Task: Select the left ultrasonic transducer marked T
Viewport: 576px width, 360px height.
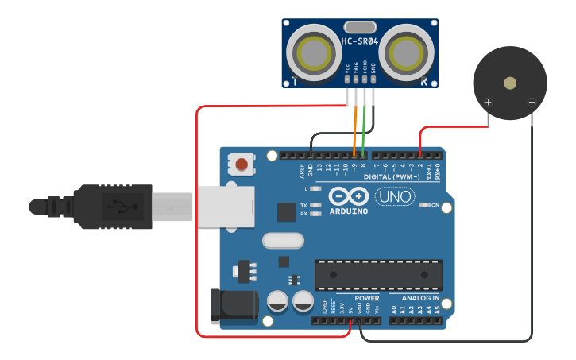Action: click(x=312, y=53)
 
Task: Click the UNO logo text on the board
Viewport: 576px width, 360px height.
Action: click(x=395, y=195)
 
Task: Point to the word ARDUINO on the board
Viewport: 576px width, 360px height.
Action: click(x=348, y=211)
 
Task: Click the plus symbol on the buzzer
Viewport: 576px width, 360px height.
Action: click(x=488, y=102)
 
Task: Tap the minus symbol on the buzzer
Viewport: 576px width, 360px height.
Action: click(x=532, y=102)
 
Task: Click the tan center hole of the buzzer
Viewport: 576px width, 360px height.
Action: click(x=510, y=83)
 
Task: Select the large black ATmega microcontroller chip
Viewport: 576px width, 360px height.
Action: click(x=378, y=274)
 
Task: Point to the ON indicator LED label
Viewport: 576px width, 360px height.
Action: click(x=435, y=205)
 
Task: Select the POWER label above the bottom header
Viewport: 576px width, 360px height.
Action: click(x=366, y=299)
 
